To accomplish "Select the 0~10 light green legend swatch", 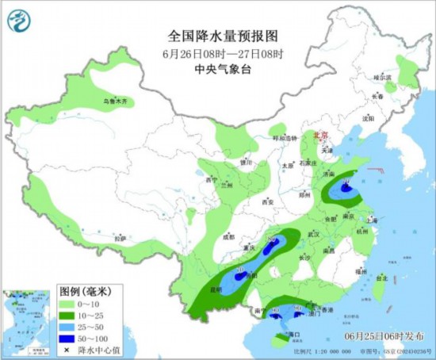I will (68, 304).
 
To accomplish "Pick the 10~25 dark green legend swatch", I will (68, 316).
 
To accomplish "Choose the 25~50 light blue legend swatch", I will (68, 327).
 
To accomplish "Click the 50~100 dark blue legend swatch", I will (68, 339).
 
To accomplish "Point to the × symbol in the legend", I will (68, 350).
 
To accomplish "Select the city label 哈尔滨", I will (383, 78).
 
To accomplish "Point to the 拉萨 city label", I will (120, 238).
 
